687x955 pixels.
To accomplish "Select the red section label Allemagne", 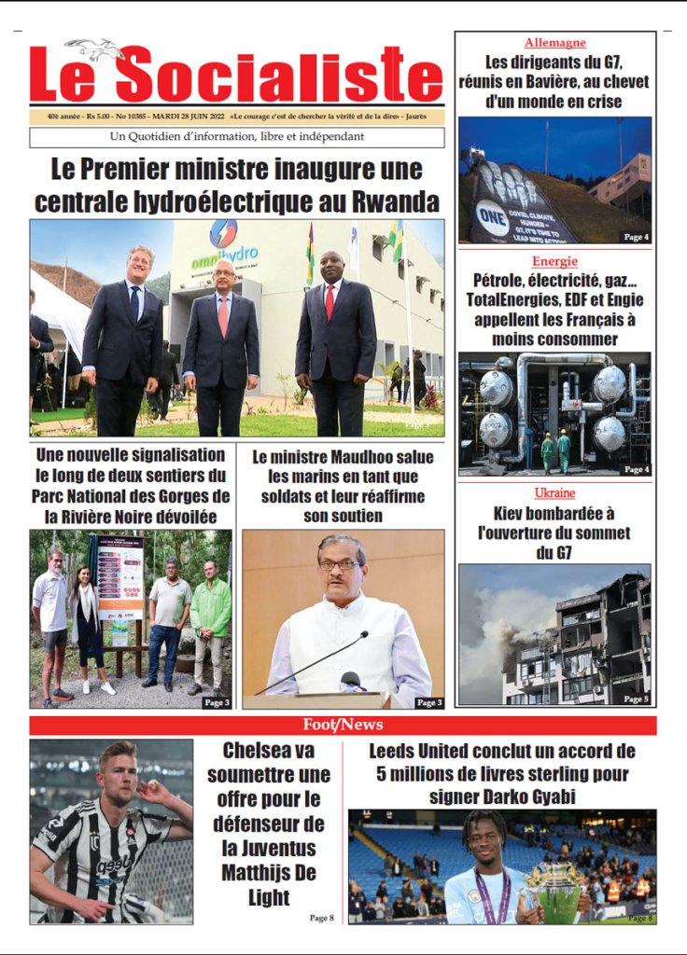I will click(x=554, y=42).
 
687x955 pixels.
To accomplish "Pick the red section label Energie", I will click(x=554, y=261).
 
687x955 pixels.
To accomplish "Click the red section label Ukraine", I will click(x=554, y=492).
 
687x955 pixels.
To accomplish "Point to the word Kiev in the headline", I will click(x=512, y=513).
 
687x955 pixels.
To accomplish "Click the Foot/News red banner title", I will click(x=343, y=725).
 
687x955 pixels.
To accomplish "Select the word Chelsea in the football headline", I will click(x=257, y=751).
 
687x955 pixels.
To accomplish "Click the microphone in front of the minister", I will click(x=353, y=679).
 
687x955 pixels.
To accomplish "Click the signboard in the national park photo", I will click(x=120, y=578).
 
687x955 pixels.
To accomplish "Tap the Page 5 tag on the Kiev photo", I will click(x=635, y=699).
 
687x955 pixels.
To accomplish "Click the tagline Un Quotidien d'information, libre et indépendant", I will click(x=236, y=137).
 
